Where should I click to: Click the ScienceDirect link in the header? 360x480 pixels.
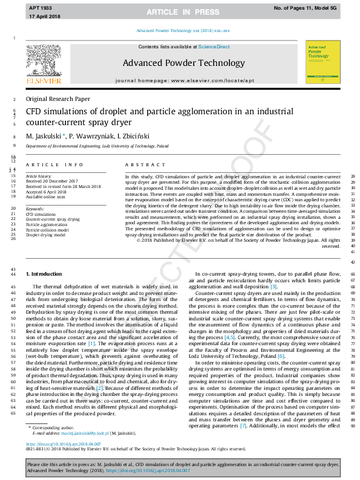tap(214, 47)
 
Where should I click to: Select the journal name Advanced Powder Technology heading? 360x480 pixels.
tap(184, 63)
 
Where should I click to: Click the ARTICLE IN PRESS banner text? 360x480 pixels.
tap(180, 11)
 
